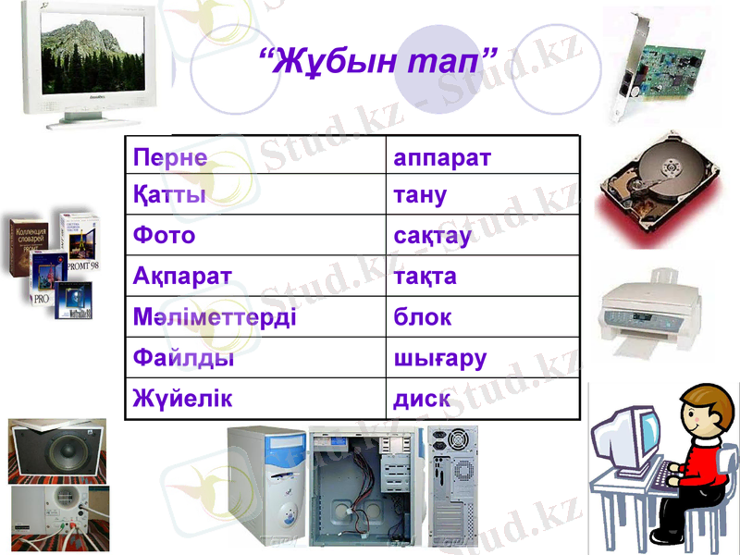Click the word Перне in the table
pyautogui.click(x=170, y=155)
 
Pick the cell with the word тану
pyautogui.click(x=421, y=195)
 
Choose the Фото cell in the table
pyautogui.click(x=165, y=236)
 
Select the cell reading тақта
pyautogui.click(x=425, y=277)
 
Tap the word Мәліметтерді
pyautogui.click(x=215, y=317)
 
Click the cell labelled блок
pyautogui.click(x=423, y=317)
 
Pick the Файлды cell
pyautogui.click(x=183, y=358)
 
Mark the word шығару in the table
pyautogui.click(x=440, y=358)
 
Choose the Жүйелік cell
pyautogui.click(x=182, y=399)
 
